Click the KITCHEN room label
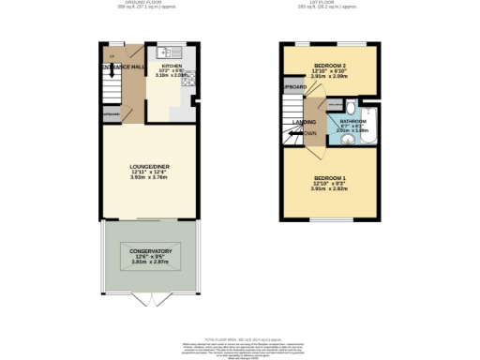coord(172,67)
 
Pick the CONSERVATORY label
coord(150,251)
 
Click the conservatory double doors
coord(150,299)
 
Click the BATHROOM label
coord(352,121)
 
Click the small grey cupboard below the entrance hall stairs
coord(110,117)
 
